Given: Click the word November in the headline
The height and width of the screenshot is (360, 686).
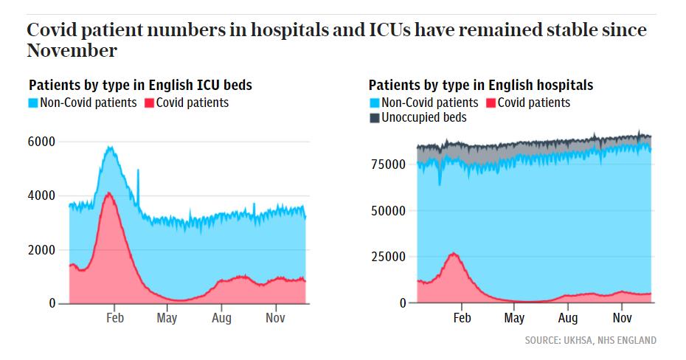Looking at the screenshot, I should coord(72,51).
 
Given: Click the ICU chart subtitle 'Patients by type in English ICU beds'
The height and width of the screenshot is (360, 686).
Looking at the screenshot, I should coord(140,85).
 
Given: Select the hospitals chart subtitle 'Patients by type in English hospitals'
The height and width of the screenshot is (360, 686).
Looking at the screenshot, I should coord(481,86).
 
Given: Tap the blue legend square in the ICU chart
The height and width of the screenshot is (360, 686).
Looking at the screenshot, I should coord(33,103).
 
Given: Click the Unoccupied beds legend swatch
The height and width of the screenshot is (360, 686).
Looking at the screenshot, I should coord(373,118).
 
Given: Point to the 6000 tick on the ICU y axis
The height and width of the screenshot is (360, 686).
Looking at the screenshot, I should coord(43,142).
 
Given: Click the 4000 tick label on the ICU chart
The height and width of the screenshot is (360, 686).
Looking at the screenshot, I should coord(43,195).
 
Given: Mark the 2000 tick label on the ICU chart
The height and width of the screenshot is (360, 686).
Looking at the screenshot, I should coord(43,250).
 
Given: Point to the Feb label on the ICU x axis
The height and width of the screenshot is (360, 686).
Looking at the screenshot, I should coord(114,318).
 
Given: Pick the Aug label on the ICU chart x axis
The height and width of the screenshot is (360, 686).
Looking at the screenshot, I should coord(221,318).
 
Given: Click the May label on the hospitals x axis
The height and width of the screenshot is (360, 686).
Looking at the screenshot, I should coord(514,318).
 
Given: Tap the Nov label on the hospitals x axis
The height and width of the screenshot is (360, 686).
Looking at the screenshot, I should coord(623,318).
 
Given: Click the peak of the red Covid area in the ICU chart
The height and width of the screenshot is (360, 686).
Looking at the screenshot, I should coord(109,193).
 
